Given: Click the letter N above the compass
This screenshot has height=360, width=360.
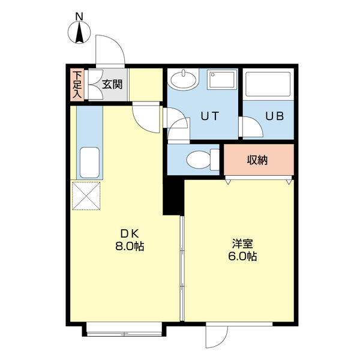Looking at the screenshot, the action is (x=79, y=17).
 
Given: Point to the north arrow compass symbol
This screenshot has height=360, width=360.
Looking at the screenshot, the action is (x=79, y=32).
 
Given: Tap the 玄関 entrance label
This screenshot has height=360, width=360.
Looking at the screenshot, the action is (x=112, y=85).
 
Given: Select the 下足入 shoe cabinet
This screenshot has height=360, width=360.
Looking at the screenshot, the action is (x=77, y=85).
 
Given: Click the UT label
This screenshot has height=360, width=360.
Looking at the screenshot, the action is (x=210, y=116).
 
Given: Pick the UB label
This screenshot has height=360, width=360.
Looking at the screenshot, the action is (x=275, y=116).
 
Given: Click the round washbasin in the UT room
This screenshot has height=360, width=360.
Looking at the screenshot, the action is (x=184, y=79).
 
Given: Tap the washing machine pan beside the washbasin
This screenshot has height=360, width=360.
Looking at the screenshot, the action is (x=222, y=80).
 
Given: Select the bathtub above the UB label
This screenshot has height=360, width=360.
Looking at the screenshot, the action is (x=268, y=84).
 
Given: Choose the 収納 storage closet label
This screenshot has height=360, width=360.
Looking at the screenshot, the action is (x=257, y=160).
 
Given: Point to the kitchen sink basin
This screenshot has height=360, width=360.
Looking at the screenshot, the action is (x=89, y=163).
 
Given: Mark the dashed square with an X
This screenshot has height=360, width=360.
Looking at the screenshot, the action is (x=86, y=196).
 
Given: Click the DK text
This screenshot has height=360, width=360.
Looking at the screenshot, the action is (x=130, y=234).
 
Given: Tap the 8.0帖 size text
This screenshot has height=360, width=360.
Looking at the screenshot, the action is (x=130, y=247).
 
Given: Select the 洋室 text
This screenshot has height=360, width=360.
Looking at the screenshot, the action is (x=242, y=244).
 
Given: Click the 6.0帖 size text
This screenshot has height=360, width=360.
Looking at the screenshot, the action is (x=242, y=256).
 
